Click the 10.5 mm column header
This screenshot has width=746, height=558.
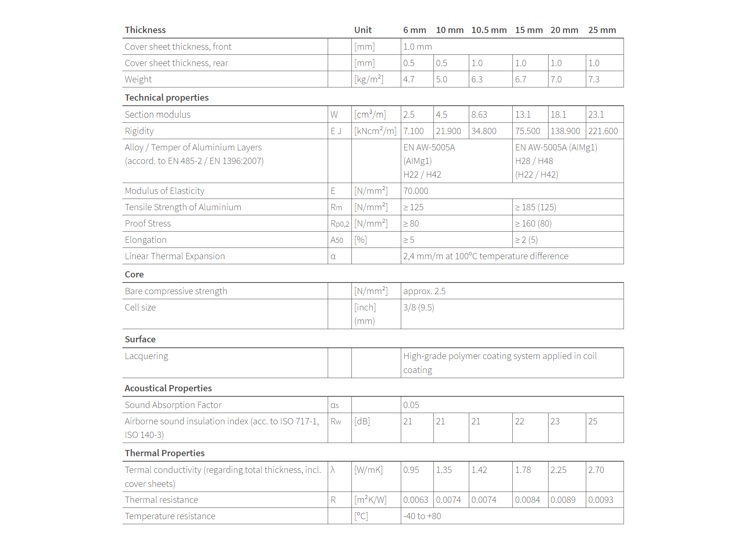pyautogui.click(x=489, y=30)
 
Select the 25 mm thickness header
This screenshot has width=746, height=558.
pyautogui.click(x=602, y=30)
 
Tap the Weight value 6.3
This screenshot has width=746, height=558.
pyautogui.click(x=477, y=79)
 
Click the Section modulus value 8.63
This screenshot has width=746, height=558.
pyautogui.click(x=479, y=115)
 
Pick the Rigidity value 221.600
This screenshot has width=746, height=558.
pyautogui.click(x=603, y=131)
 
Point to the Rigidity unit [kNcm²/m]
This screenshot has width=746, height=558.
pyautogui.click(x=375, y=131)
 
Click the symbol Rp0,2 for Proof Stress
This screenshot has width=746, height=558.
pyautogui.click(x=340, y=224)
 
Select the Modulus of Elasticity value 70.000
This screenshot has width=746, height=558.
pyautogui.click(x=416, y=191)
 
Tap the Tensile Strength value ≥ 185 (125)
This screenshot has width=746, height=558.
pyautogui.click(x=535, y=207)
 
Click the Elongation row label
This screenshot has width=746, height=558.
pyautogui.click(x=145, y=240)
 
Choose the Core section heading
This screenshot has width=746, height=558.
pyautogui.click(x=134, y=274)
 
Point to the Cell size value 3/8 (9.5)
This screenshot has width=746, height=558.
pyautogui.click(x=418, y=307)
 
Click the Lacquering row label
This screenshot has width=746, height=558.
pyautogui.click(x=146, y=356)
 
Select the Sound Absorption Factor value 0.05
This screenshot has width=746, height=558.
pyautogui.click(x=411, y=405)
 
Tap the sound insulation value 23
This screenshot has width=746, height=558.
pyautogui.click(x=555, y=421)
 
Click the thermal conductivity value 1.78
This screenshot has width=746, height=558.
pyautogui.click(x=522, y=470)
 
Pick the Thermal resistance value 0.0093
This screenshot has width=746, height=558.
pyautogui.click(x=600, y=500)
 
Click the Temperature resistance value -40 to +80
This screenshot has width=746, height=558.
pyautogui.click(x=422, y=516)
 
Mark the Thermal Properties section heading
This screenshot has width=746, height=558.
pyautogui.click(x=164, y=453)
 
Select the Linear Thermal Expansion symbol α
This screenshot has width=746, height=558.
pyautogui.click(x=333, y=256)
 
